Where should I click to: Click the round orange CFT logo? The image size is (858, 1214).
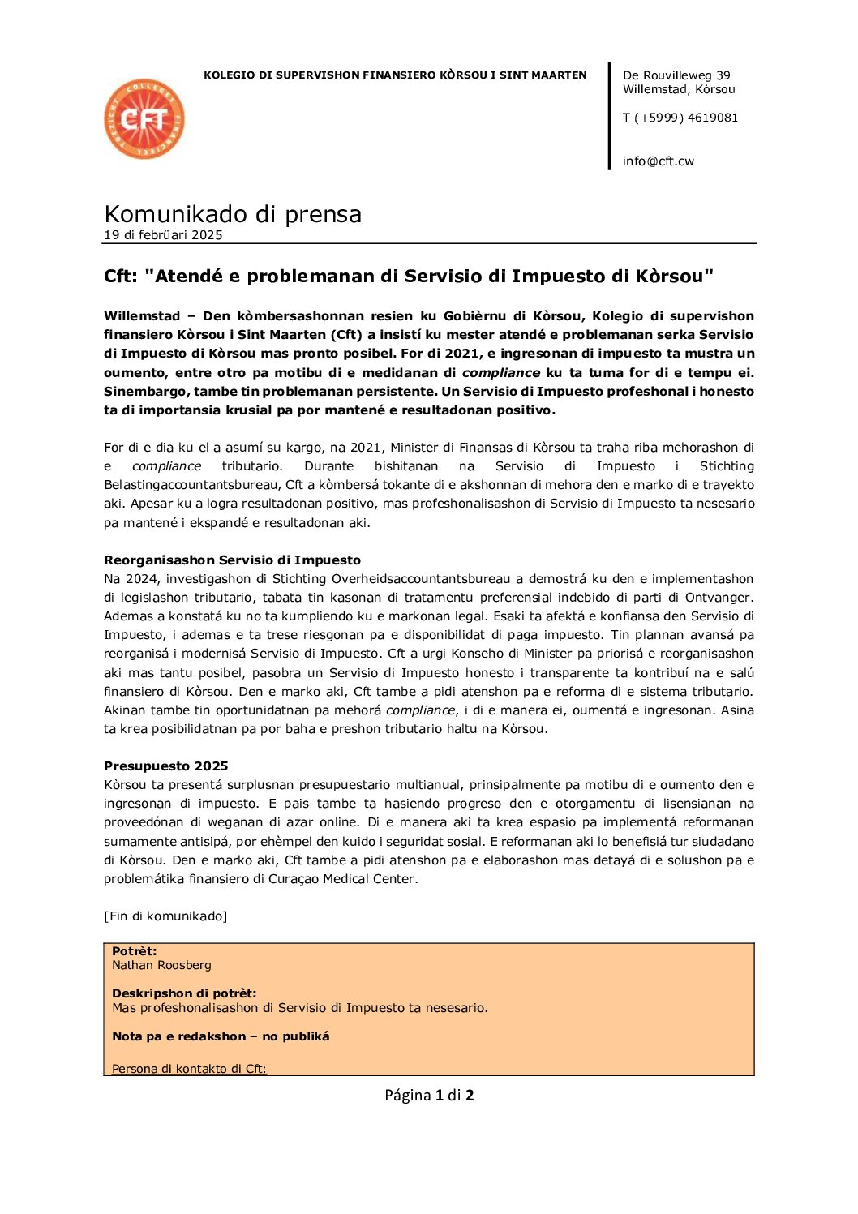(144, 119)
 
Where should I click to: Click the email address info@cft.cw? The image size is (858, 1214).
(658, 161)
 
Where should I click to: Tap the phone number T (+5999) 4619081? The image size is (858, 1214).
(680, 118)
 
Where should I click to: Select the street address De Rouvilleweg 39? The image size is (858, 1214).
(676, 75)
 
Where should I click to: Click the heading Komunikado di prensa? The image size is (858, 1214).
(233, 214)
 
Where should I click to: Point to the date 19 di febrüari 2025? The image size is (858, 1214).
(163, 235)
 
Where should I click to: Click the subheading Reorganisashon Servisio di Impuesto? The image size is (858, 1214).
(232, 560)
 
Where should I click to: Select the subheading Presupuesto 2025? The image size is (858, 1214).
(166, 766)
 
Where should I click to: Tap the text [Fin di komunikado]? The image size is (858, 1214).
(165, 916)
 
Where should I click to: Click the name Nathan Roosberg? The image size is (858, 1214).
(161, 965)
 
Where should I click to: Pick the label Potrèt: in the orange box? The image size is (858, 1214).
(134, 951)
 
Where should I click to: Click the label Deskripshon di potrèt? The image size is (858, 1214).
(184, 993)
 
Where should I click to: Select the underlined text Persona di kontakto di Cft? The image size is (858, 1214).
(189, 1069)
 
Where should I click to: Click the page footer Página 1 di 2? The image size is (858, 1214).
(429, 1096)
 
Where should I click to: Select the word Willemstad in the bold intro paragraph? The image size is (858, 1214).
(142, 316)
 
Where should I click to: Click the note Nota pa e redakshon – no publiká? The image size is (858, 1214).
(221, 1036)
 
